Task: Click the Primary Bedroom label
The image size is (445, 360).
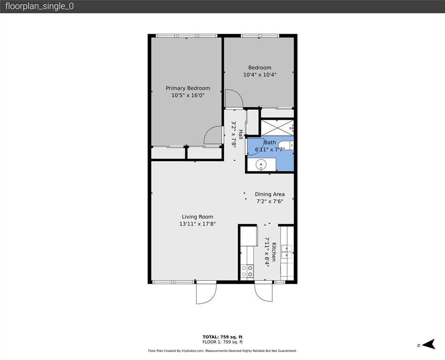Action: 188,88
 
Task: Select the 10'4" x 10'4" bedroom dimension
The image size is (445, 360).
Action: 260,75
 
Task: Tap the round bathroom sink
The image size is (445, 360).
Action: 261,165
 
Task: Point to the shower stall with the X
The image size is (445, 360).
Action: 277,127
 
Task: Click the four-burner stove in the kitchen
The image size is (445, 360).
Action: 247,271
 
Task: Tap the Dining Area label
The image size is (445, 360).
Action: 269,194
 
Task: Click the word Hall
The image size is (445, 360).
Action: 241,135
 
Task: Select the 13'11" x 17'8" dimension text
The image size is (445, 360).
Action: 197,224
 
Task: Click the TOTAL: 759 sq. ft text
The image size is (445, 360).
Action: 222,337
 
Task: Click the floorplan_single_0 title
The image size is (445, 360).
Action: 40,7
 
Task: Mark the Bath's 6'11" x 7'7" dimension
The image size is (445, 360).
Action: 269,150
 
